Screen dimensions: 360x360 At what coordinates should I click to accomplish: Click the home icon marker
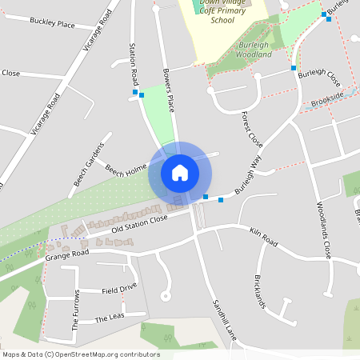(180, 172)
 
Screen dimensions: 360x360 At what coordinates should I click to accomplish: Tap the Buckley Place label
(52, 25)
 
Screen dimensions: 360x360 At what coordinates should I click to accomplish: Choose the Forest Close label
(252, 129)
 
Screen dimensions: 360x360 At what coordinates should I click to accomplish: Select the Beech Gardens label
(90, 164)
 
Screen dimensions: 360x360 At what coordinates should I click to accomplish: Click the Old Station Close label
(139, 222)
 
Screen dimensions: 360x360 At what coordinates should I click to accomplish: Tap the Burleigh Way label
(248, 175)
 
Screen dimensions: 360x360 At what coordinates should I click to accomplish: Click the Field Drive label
(119, 287)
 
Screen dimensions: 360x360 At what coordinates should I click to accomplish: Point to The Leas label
(111, 319)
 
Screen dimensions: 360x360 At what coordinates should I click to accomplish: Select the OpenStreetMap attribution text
(81, 354)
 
